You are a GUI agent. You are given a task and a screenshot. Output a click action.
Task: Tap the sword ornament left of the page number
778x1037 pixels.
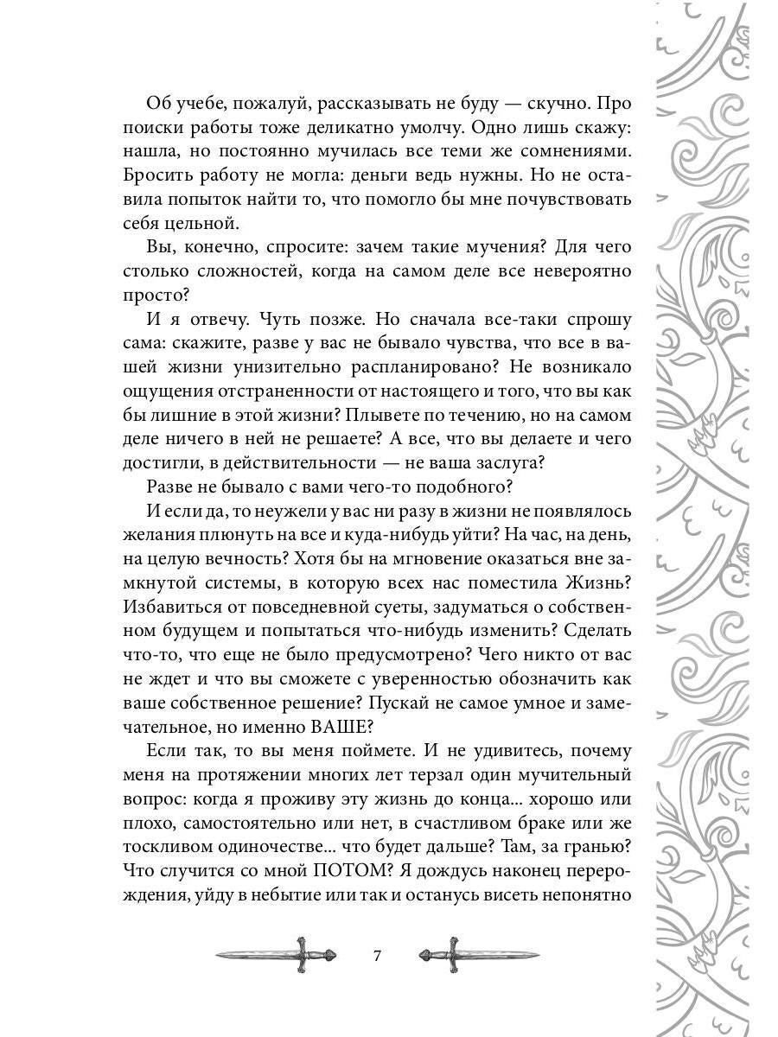[x=276, y=956]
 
